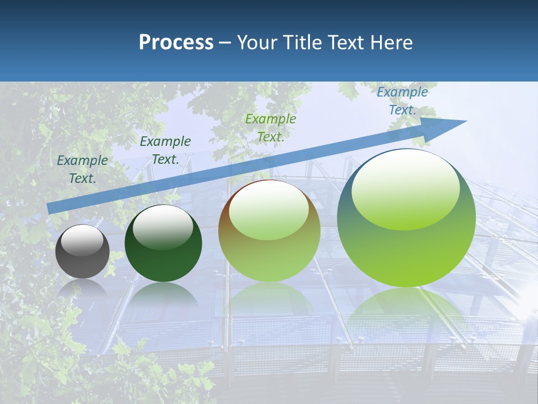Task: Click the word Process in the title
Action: [x=176, y=42]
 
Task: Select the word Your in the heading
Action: [x=258, y=42]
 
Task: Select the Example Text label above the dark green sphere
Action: [x=165, y=150]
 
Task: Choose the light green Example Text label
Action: [x=271, y=128]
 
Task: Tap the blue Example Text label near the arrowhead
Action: [x=402, y=101]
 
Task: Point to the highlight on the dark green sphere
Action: [x=163, y=227]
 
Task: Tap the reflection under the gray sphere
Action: [x=82, y=289]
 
